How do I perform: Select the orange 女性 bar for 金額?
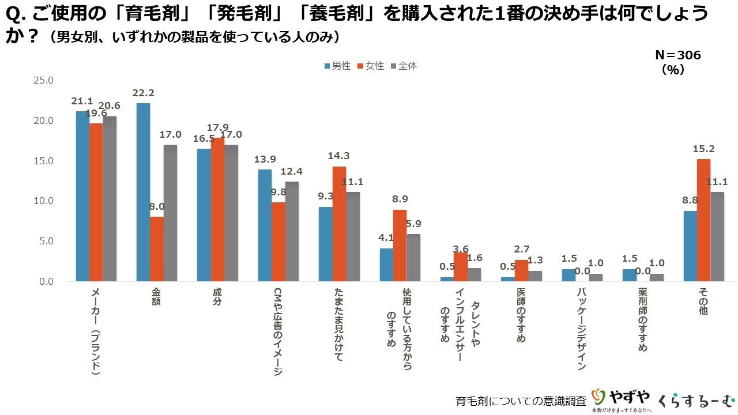point(157,249)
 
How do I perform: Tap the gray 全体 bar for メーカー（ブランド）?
point(110,199)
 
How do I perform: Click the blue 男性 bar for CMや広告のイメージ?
point(264,225)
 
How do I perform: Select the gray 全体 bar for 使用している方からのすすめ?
point(413,258)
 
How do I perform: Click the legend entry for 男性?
point(337,66)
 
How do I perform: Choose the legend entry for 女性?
point(371,66)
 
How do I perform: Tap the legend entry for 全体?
point(404,66)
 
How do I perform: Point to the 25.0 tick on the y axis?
point(43,80)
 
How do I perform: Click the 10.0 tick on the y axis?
point(43,201)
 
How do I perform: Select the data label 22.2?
point(143,93)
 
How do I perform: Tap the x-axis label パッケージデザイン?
point(581,328)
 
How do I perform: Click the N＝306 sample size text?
point(677,55)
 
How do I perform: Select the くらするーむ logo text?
point(696,399)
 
